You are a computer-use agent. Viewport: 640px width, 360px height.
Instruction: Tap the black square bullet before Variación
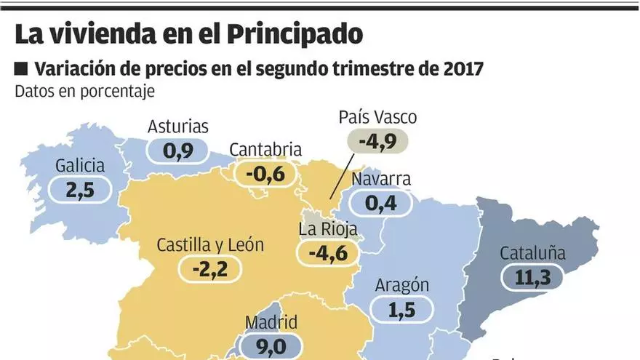(x=21, y=69)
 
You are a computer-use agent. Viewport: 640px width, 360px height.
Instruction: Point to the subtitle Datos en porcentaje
(x=84, y=92)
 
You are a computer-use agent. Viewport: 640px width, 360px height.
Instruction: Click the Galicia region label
(x=80, y=166)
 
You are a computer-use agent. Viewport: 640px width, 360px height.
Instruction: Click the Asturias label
(x=178, y=127)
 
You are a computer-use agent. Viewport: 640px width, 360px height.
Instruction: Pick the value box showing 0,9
(x=178, y=151)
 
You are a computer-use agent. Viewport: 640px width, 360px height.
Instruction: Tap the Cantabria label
(x=265, y=150)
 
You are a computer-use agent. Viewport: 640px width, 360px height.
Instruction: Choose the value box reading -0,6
(x=265, y=174)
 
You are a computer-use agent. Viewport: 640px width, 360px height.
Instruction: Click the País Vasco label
(x=378, y=118)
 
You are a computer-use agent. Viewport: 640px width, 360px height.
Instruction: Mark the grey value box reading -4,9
(x=378, y=142)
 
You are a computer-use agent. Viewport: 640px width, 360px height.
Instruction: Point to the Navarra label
(x=381, y=179)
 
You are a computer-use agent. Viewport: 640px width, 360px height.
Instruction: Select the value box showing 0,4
(x=381, y=203)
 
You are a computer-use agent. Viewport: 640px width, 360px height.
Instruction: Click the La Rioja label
(x=329, y=230)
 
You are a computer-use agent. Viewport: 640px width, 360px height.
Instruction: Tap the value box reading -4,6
(x=329, y=254)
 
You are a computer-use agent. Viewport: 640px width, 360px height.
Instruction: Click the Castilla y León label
(x=210, y=245)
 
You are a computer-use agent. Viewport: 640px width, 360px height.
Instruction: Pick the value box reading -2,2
(x=210, y=270)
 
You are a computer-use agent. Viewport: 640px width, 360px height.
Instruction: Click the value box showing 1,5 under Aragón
(x=401, y=309)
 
